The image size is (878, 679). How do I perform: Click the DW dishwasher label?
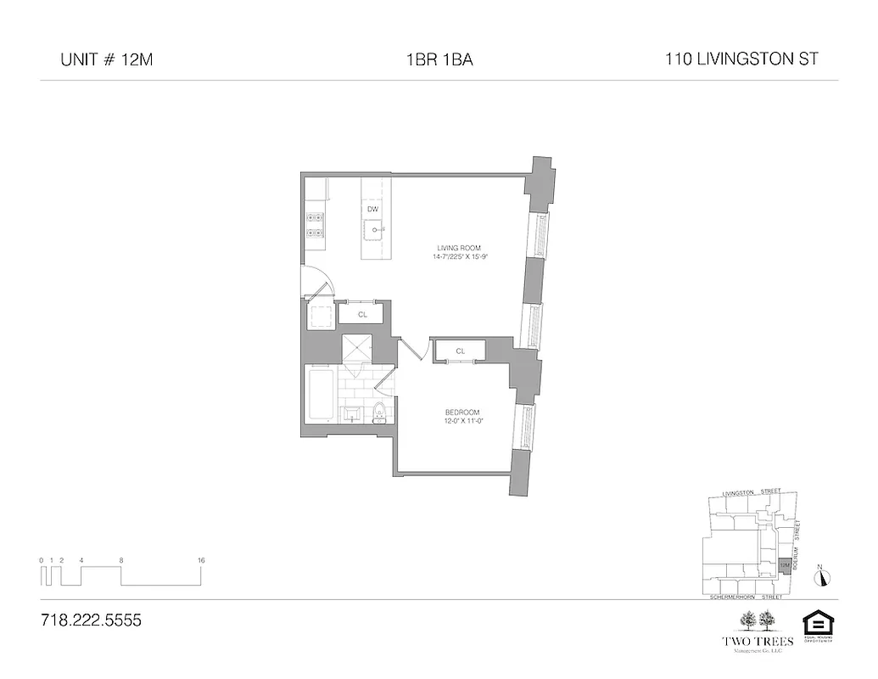[372, 209]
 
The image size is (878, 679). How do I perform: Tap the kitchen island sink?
[373, 227]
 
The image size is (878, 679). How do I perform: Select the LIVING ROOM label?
[447, 248]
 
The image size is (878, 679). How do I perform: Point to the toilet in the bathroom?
[379, 413]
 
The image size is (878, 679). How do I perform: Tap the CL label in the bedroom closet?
[460, 351]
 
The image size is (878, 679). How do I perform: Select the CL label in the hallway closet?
[362, 314]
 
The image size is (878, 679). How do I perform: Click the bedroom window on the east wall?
[525, 429]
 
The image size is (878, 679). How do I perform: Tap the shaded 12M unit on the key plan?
[785, 564]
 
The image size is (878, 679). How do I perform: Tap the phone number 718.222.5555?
[91, 620]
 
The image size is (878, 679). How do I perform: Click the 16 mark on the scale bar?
[201, 561]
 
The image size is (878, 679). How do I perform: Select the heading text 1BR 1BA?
[439, 60]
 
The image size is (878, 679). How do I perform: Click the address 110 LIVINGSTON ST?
[742, 60]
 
